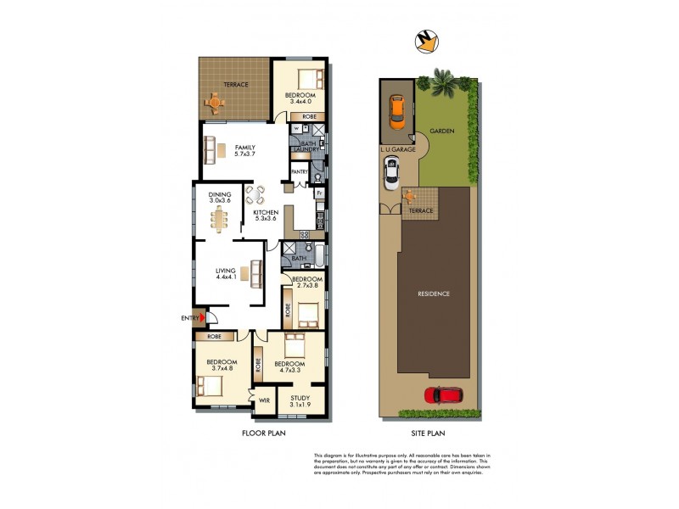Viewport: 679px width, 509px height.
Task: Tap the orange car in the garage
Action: [396, 110]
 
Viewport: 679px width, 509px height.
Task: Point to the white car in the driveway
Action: [392, 175]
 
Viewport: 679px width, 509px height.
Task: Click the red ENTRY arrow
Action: [201, 318]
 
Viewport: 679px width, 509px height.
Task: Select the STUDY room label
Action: [300, 398]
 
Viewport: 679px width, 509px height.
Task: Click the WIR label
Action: [264, 400]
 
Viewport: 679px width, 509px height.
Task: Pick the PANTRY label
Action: [299, 171]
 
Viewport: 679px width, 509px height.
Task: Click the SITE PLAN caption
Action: [428, 433]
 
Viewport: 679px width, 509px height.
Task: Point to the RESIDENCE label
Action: [433, 294]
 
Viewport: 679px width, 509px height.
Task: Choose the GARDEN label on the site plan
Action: [442, 132]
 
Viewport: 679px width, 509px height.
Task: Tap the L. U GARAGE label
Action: [397, 149]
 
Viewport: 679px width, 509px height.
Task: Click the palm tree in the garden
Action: [441, 83]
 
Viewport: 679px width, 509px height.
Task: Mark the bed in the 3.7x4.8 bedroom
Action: [211, 387]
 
